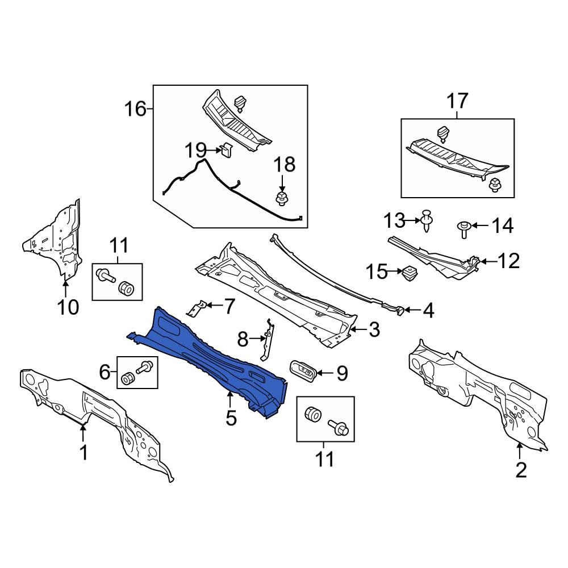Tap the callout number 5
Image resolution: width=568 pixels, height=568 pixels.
point(231,418)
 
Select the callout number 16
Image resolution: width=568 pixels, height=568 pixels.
point(136,108)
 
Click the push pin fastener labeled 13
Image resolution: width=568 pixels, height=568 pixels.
point(427,220)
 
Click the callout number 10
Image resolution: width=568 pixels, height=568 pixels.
point(68,307)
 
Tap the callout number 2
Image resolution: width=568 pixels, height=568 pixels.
point(520,470)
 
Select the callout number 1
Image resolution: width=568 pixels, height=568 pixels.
point(83,453)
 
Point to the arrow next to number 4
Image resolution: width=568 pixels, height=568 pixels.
point(412,310)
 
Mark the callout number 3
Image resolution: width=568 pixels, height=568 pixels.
point(374,329)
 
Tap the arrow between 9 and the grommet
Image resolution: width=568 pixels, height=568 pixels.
point(325,373)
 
